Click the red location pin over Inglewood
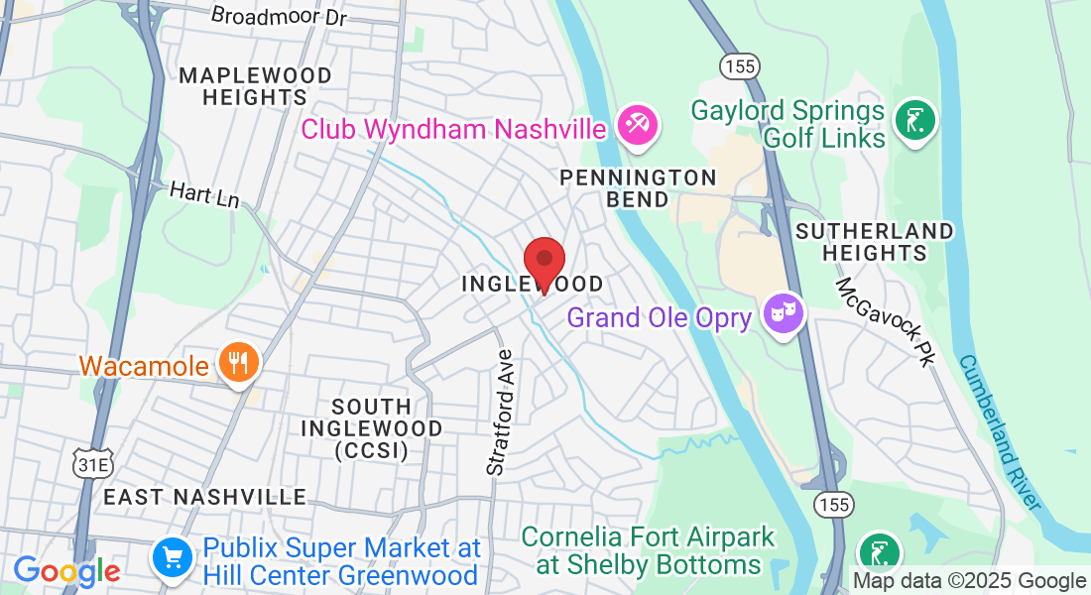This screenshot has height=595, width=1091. [544, 263]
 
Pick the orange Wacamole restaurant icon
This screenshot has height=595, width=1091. [238, 364]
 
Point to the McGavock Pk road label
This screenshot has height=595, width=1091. [887, 321]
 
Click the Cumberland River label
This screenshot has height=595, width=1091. [1000, 432]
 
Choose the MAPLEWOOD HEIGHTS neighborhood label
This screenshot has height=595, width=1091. [255, 86]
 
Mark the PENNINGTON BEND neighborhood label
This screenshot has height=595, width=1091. [638, 187]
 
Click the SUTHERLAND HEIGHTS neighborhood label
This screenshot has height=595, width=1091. [874, 241]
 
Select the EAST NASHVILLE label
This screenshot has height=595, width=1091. [204, 496]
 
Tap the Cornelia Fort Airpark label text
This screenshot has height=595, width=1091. [648, 550]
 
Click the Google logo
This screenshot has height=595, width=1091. [66, 571]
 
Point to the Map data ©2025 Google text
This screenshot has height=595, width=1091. [969, 581]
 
